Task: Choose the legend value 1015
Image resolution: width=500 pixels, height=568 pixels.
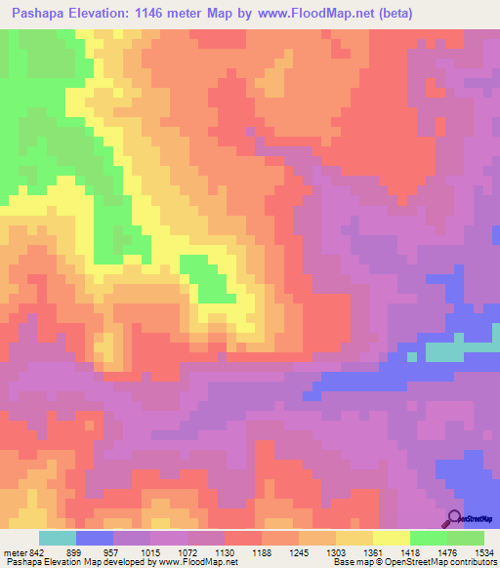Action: (x=151, y=552)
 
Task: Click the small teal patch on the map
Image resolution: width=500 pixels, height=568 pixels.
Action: (x=459, y=351)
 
